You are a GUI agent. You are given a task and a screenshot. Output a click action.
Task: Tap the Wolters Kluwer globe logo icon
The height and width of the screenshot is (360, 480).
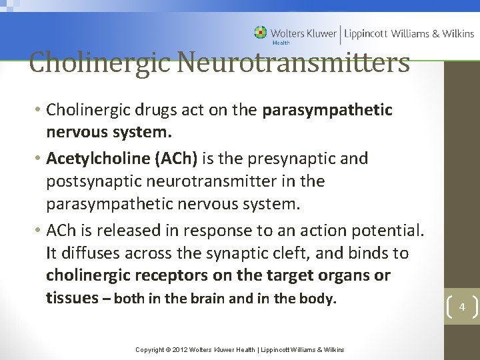coord(261,33)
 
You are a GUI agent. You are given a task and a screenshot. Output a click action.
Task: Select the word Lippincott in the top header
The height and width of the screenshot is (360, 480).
coord(365,33)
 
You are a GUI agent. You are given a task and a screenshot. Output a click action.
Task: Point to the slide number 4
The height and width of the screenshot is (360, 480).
coord(461,307)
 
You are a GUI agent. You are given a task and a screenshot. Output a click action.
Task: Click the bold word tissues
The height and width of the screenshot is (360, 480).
coord(72,298)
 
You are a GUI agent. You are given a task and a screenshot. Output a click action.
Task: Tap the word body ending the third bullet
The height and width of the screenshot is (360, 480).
coord(316,299)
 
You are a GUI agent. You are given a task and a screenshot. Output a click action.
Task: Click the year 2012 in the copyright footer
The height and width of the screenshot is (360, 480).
coord(181,349)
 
